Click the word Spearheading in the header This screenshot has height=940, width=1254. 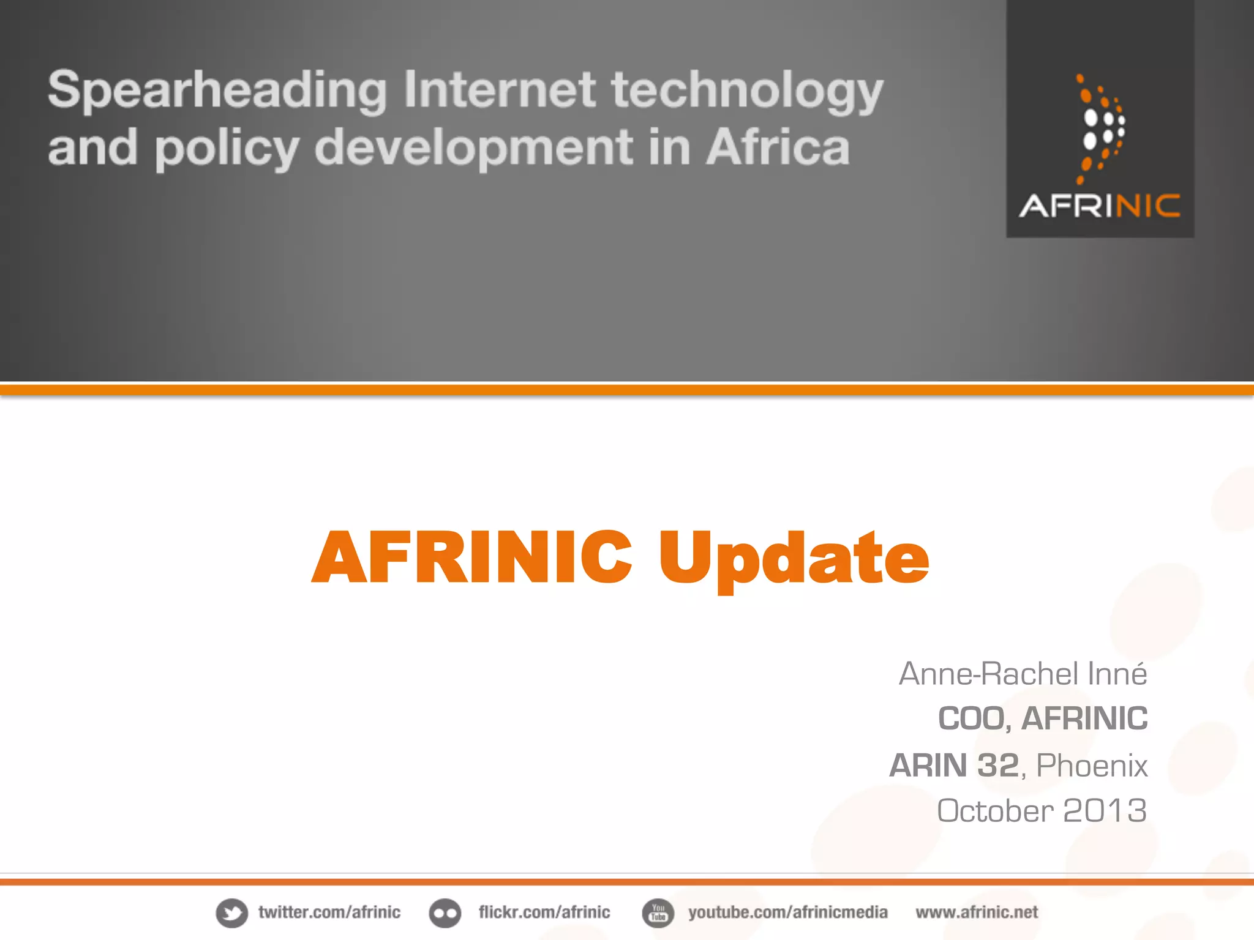(217, 91)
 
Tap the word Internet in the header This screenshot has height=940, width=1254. (499, 89)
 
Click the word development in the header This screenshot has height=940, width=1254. (473, 148)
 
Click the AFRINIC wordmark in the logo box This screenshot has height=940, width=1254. (1100, 206)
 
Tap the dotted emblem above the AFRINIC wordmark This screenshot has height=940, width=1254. (1100, 129)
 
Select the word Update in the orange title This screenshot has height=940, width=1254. (794, 558)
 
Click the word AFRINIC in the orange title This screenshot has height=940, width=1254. (471, 557)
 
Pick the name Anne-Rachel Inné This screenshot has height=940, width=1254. (1023, 674)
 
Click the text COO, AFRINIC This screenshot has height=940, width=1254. (1043, 718)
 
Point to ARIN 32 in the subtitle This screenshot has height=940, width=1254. (954, 765)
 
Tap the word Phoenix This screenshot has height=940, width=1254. (1092, 766)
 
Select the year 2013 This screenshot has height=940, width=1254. (1105, 811)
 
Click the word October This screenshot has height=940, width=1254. (996, 811)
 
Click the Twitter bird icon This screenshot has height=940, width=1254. (232, 913)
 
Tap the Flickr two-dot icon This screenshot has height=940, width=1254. (445, 913)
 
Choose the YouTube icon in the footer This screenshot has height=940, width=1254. (658, 913)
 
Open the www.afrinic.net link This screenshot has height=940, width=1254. (977, 912)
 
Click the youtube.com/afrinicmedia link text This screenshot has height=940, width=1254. (787, 912)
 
